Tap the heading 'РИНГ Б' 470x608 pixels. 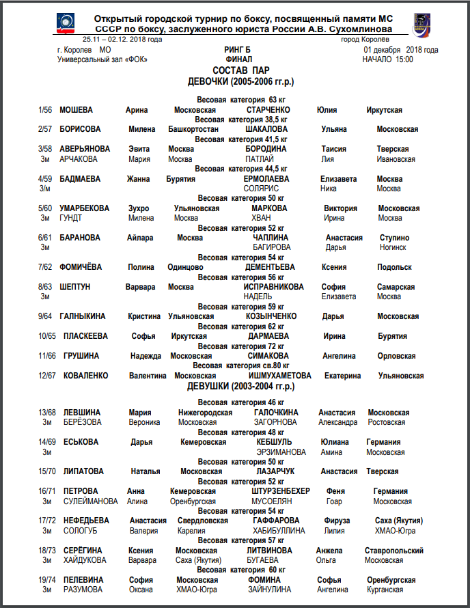pos(237,50)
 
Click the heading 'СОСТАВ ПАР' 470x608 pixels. pos(238,70)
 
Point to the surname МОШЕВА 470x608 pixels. pos(76,110)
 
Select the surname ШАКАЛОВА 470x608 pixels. pos(266,129)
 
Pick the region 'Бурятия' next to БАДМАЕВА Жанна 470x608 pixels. pos(180,179)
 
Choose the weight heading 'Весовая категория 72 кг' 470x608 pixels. pos(238,346)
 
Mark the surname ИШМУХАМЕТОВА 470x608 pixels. pos(280,376)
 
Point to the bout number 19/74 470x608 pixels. pos(47,580)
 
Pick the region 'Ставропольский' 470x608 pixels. pos(394,551)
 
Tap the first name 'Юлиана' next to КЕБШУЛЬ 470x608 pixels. pos(335,442)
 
